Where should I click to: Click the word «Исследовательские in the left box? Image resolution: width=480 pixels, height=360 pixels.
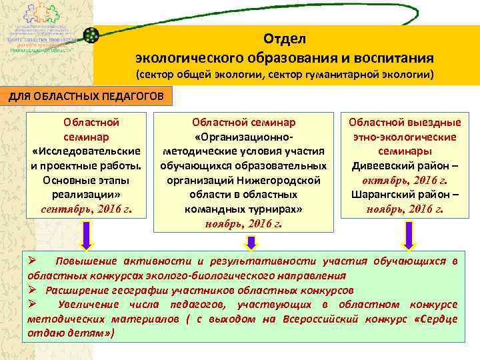[x=86, y=151]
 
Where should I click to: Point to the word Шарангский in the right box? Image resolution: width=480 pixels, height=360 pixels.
[x=380, y=194]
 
